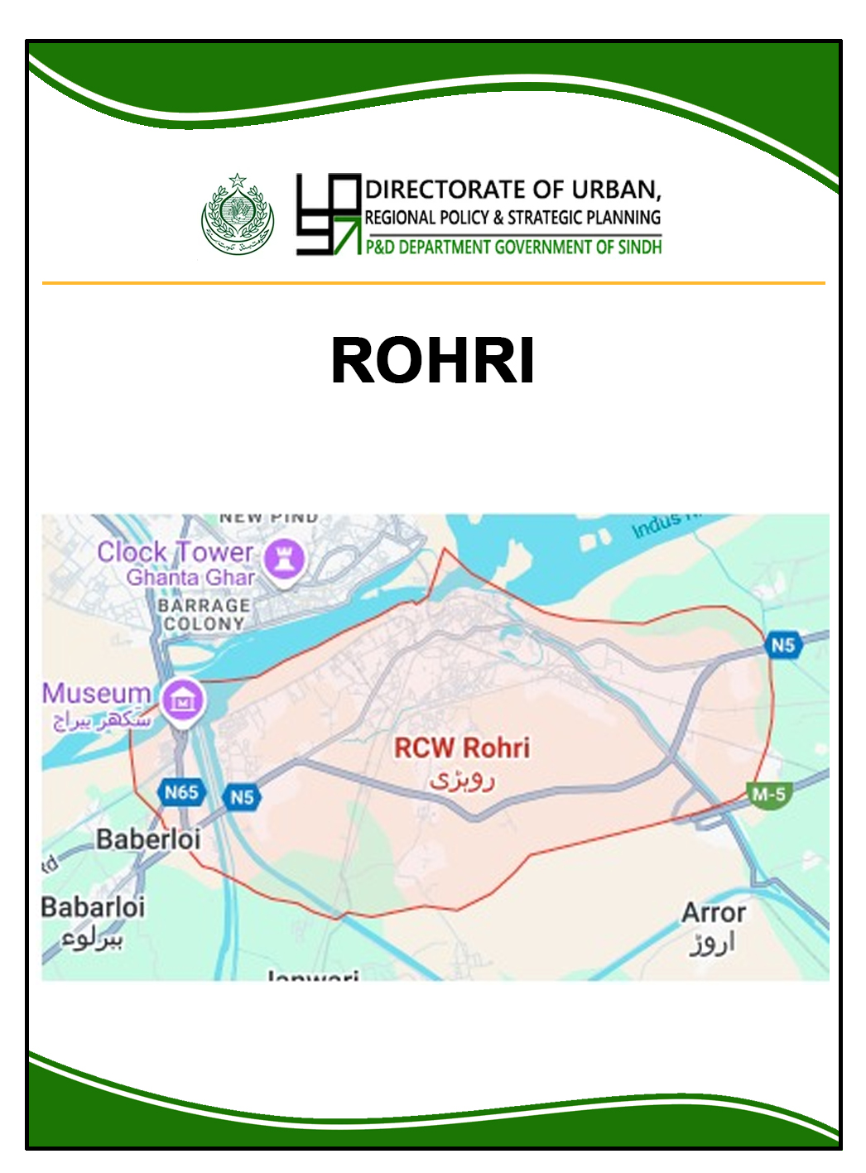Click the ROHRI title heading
click(432, 361)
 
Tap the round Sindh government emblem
click(238, 215)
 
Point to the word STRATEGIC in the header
click(545, 218)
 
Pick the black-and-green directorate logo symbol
click(329, 214)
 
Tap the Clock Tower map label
click(175, 552)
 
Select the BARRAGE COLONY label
click(204, 614)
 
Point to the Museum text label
click(96, 694)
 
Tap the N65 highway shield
click(180, 792)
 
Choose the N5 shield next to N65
click(241, 797)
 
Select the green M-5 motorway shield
click(768, 795)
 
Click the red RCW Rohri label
click(461, 748)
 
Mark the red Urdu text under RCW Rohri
click(462, 780)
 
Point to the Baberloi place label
click(148, 839)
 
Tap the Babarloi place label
click(93, 906)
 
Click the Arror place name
click(713, 913)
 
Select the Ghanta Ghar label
click(190, 578)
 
